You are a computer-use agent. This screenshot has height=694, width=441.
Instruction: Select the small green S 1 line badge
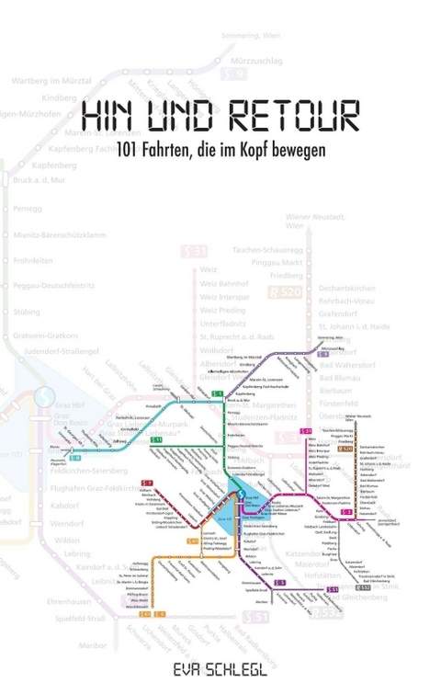218,394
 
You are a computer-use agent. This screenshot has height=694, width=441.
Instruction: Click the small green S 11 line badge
156,440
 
